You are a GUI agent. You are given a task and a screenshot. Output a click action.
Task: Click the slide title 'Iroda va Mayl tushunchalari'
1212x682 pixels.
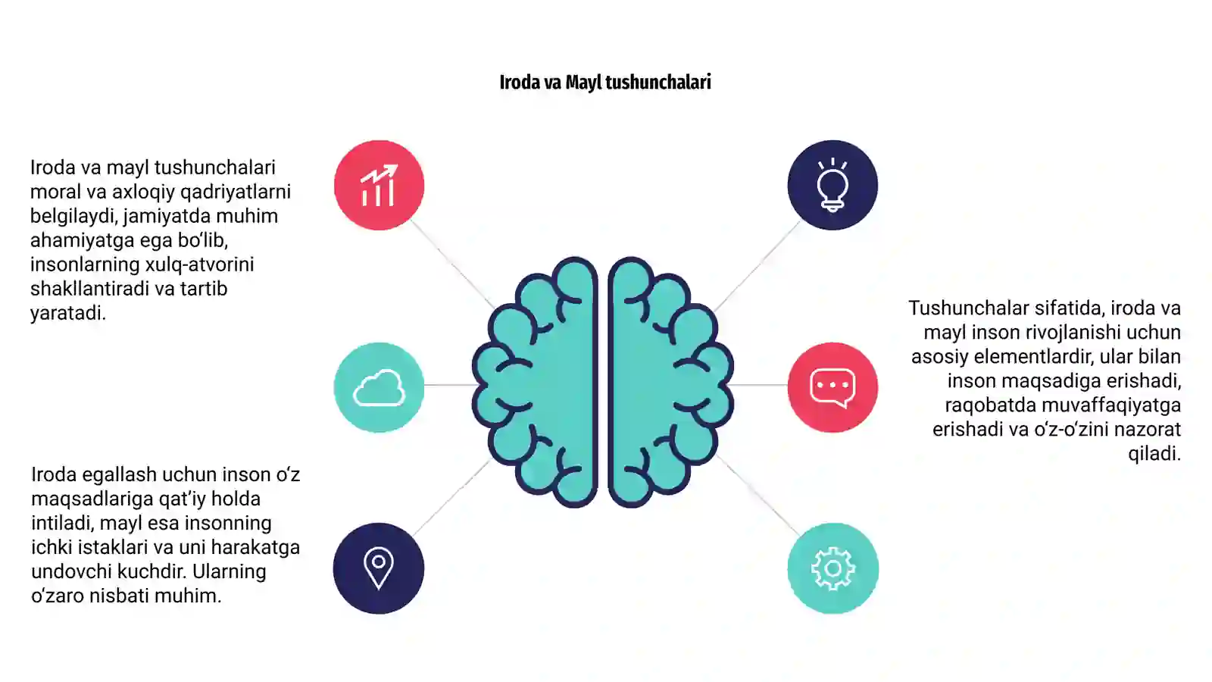point(605,83)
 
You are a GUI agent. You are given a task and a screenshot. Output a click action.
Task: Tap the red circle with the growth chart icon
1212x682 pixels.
point(379,185)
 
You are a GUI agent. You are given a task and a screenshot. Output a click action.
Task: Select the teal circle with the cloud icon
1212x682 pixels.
point(379,387)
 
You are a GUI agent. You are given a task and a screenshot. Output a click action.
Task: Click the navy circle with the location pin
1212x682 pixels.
point(379,568)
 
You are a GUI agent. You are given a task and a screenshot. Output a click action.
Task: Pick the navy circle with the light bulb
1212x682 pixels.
point(832,185)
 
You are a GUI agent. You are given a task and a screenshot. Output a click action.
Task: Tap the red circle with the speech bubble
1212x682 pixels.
point(832,387)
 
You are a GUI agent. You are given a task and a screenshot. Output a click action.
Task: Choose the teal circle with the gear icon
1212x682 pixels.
point(832,568)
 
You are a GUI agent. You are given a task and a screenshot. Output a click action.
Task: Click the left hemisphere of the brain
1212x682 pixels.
point(546,382)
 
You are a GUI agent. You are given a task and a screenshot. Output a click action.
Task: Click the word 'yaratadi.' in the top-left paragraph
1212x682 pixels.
point(68,314)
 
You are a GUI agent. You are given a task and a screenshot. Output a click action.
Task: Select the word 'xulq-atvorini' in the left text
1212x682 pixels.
point(198,264)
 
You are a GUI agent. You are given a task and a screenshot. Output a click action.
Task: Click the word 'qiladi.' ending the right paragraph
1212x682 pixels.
point(1154,454)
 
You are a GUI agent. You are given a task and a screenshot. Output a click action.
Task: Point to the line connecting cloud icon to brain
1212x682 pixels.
point(450,385)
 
